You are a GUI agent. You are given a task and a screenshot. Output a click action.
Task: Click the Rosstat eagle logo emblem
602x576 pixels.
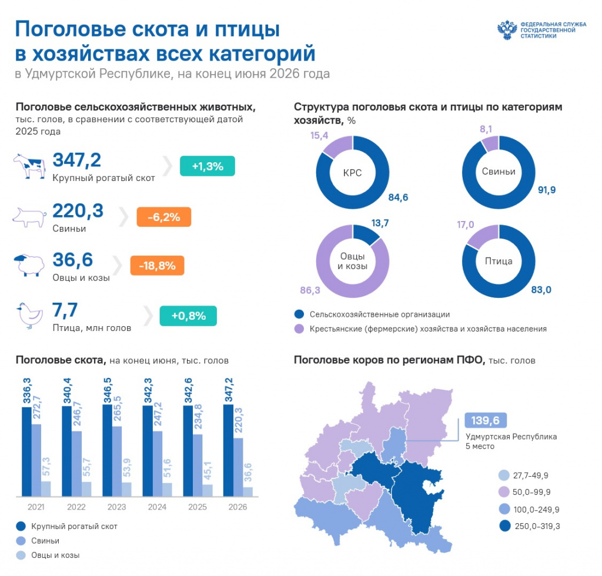coord(507,30)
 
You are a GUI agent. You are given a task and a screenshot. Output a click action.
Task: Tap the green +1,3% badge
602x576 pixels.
coord(208,166)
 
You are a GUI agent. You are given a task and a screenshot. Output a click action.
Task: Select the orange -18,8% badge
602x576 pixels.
coord(157,266)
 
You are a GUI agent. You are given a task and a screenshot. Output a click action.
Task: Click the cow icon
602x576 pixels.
coord(29,166)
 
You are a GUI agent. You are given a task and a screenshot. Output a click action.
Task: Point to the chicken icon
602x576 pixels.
coord(29,316)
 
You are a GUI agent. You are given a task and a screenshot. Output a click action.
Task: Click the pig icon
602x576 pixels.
coord(29,217)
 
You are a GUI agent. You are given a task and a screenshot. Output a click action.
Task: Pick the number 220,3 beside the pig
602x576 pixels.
coord(78,210)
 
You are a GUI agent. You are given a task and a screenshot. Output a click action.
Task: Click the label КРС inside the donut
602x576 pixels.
coord(353,173)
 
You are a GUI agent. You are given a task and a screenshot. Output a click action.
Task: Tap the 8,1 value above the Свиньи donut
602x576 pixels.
coord(486,129)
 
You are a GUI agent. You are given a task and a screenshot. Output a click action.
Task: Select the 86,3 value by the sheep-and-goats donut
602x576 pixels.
coord(310,290)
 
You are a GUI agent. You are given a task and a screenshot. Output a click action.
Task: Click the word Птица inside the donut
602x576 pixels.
coord(499,261)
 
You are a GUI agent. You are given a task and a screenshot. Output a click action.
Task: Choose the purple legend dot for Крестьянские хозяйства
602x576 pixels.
coord(299,329)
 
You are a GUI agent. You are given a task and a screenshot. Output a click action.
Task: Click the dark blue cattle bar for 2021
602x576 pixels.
coord(26,451)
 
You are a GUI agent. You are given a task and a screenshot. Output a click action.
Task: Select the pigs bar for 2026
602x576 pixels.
coord(238,467)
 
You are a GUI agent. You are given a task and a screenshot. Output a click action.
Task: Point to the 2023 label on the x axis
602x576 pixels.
coord(117,507)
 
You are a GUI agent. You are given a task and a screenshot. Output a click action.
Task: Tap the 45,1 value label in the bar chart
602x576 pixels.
coord(208,471)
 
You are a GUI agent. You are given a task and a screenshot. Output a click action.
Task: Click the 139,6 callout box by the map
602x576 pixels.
coord(485,420)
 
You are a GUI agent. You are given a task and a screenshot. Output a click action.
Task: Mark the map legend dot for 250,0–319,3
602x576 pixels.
coord(505,525)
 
